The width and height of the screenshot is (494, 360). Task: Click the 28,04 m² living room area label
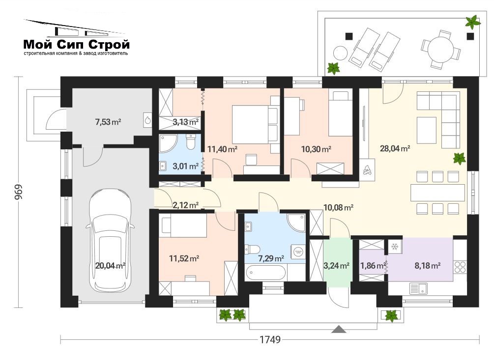coord(395,148)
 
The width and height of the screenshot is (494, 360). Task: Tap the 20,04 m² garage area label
coord(110,266)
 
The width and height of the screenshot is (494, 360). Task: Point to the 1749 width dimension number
coord(270,339)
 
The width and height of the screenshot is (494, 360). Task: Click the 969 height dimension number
coord(18,192)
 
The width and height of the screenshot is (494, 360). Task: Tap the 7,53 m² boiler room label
coord(108,122)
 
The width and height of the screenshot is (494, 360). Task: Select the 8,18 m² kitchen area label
coord(427,266)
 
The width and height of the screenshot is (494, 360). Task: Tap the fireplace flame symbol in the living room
coord(367,170)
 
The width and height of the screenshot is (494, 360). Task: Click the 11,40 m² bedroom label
coord(222,149)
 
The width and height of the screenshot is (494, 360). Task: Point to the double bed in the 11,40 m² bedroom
coord(255,124)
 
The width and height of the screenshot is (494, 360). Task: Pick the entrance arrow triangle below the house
coord(339,329)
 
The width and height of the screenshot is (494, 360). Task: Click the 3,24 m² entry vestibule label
coord(336,266)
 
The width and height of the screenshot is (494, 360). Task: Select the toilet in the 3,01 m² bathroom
coord(191,142)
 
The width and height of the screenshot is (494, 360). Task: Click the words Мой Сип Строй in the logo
coord(77,44)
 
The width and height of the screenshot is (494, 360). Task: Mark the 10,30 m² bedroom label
coord(316,149)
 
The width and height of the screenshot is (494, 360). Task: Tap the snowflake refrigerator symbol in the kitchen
coord(395,247)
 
